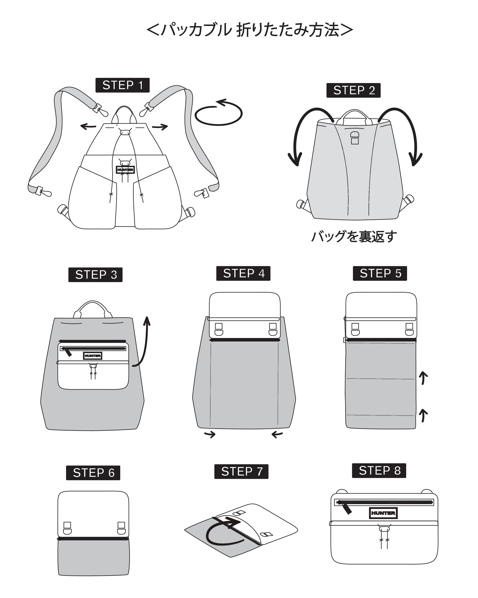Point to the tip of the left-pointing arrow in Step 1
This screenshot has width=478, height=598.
point(81,127)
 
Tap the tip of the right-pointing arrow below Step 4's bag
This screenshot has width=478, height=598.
point(215,434)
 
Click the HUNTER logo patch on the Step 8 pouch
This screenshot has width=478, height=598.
point(383,513)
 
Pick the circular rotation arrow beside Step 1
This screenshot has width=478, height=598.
point(219,113)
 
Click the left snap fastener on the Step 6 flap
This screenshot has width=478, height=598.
point(67,528)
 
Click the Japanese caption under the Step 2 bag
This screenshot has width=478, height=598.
point(354,237)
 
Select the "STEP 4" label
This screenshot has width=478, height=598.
point(243,273)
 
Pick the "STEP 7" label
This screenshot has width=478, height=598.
point(241,471)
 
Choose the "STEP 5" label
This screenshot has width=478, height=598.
point(380,273)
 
